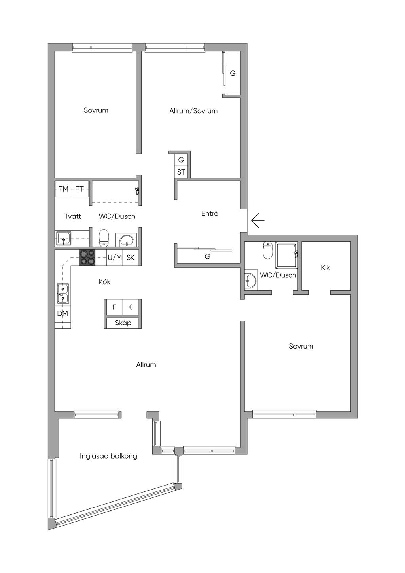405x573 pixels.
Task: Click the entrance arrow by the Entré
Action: coord(258,220)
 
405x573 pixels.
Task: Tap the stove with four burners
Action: coord(87,257)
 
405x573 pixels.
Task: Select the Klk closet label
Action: coord(325,268)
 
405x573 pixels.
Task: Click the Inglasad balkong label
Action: coord(108,456)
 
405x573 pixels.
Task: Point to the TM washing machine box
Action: coord(64,189)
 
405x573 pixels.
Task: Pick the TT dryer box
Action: coord(80,189)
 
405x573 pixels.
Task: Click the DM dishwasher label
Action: coord(62,313)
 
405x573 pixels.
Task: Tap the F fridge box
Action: coord(115,307)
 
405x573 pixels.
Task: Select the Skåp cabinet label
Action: coord(123,323)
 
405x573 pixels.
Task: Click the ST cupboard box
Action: coord(181,172)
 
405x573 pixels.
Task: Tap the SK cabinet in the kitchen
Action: coord(131,257)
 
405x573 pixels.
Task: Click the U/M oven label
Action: coord(115,258)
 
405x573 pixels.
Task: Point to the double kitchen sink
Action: coord(62,294)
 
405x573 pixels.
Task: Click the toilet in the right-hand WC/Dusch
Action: coord(267,250)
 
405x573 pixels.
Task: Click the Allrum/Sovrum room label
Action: coord(193,111)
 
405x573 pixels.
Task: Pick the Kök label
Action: coord(104,282)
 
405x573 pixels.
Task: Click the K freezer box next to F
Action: coord(131,307)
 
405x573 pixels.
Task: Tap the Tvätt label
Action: coord(73,216)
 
